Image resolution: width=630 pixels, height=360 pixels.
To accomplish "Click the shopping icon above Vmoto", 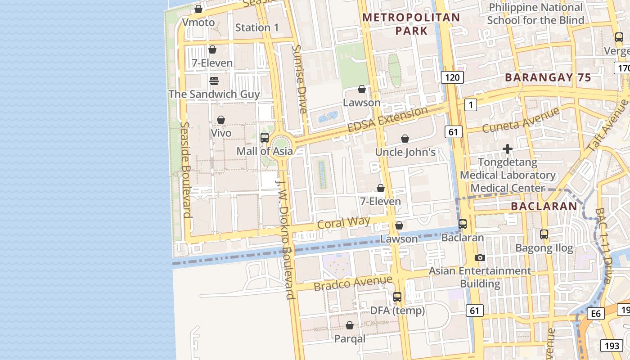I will point(198,9).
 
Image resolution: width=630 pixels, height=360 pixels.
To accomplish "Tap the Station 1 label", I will point(257,28).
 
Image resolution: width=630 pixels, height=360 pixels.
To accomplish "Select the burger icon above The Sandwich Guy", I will point(214,81).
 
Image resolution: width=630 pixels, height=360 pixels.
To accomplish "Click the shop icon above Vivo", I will point(221,120).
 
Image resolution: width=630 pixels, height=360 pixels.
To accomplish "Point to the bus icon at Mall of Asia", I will point(265,138).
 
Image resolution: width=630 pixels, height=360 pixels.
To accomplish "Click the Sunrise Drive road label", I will point(300,79).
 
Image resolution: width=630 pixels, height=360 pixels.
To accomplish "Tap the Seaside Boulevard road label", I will point(185,170).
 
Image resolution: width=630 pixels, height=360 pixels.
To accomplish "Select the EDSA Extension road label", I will point(387,120).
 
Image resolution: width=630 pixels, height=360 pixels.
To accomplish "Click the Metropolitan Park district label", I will point(411,24).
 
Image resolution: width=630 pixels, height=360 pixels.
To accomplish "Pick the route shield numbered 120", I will point(452,77).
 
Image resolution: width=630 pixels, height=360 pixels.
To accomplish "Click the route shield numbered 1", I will point(470,105).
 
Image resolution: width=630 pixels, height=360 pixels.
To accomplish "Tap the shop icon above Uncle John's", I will point(405,139).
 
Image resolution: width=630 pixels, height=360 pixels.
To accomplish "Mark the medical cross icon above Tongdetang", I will point(508,149).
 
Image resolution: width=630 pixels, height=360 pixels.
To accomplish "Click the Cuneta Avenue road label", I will point(521,120).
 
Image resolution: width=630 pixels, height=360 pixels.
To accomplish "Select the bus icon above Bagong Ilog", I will point(544,234).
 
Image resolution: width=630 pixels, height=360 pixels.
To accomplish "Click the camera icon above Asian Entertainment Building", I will point(480,257).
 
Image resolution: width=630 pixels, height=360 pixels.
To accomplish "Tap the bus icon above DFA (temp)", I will point(397,297).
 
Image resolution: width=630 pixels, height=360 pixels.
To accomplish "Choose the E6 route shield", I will point(595,314).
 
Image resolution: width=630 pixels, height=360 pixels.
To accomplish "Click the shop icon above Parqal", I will point(350,325).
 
